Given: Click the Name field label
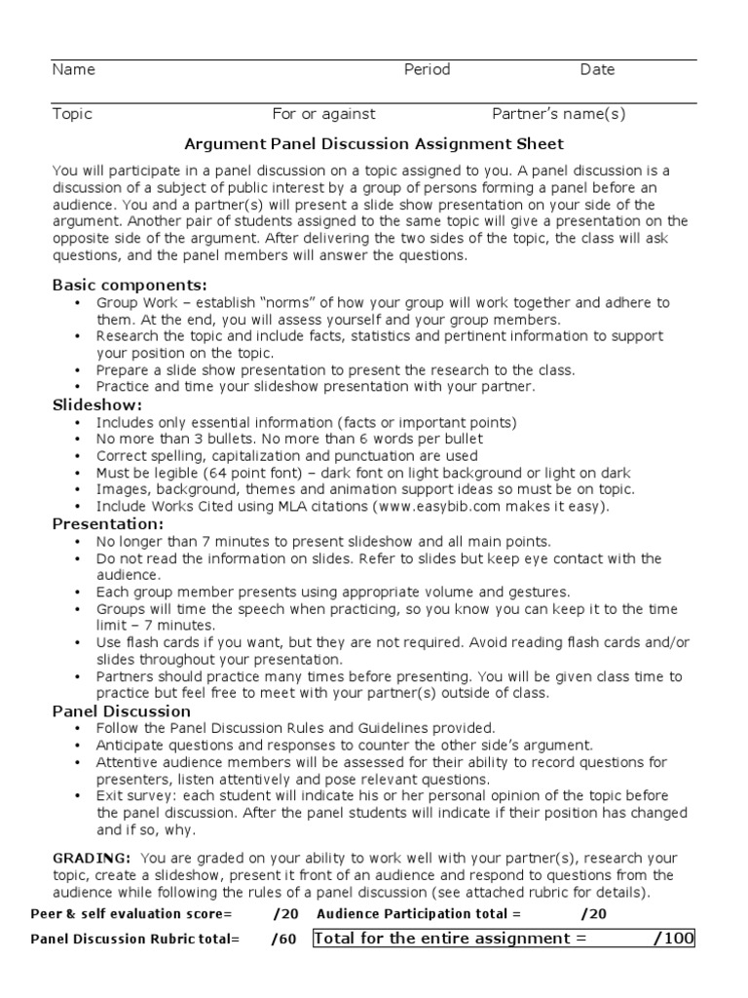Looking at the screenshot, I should pyautogui.click(x=73, y=70).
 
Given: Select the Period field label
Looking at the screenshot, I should pyautogui.click(x=427, y=70).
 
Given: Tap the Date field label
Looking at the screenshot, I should pyautogui.click(x=597, y=70).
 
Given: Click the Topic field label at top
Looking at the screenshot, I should pyautogui.click(x=72, y=114).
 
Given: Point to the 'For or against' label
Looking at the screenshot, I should pyautogui.click(x=323, y=114).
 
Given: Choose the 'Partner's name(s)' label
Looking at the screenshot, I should pyautogui.click(x=558, y=114).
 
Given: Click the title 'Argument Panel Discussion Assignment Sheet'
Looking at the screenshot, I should pyautogui.click(x=374, y=144).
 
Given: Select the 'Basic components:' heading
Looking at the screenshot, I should pyautogui.click(x=129, y=286).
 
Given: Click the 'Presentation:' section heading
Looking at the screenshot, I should pyautogui.click(x=107, y=523).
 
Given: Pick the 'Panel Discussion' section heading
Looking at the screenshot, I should pyautogui.click(x=121, y=711).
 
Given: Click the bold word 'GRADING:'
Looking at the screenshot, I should pyautogui.click(x=91, y=858).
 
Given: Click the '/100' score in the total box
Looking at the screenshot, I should pyautogui.click(x=673, y=939).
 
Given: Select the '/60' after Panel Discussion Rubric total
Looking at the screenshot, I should pyautogui.click(x=284, y=940).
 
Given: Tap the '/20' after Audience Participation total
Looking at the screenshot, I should pyautogui.click(x=593, y=914).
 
